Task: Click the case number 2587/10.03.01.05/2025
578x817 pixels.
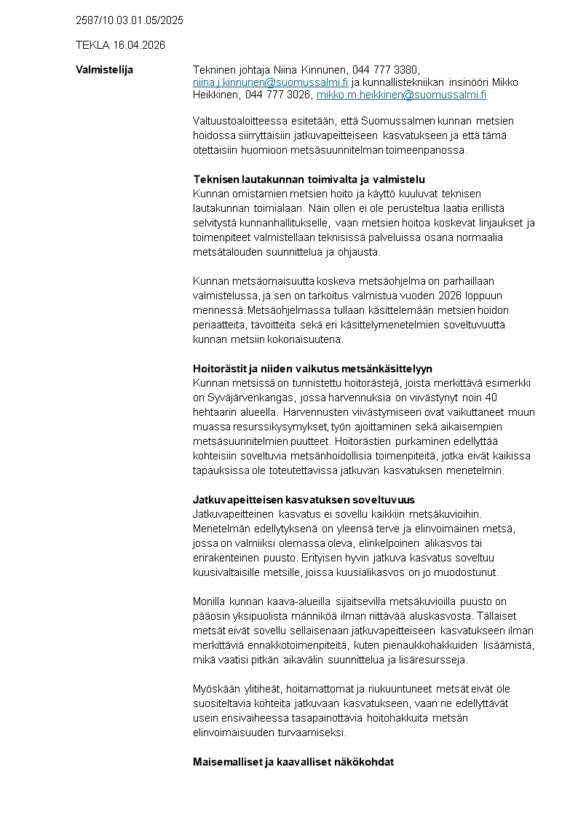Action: click(x=129, y=20)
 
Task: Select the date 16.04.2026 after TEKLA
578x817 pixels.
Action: click(x=139, y=45)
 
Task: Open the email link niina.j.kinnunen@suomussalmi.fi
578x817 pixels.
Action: click(x=271, y=82)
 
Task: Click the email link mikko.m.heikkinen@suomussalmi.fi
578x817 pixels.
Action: click(x=401, y=95)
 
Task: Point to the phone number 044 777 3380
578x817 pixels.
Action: click(x=385, y=70)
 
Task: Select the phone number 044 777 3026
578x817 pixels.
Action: click(x=278, y=95)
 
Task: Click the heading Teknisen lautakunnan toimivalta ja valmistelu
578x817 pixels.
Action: click(x=309, y=179)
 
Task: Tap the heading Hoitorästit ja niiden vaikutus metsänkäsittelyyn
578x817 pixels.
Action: click(x=312, y=368)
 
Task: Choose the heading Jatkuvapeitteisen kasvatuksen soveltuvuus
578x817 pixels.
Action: click(x=304, y=500)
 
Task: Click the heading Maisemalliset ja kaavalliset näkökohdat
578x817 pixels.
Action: click(x=293, y=762)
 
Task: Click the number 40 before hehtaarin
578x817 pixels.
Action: click(x=491, y=398)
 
